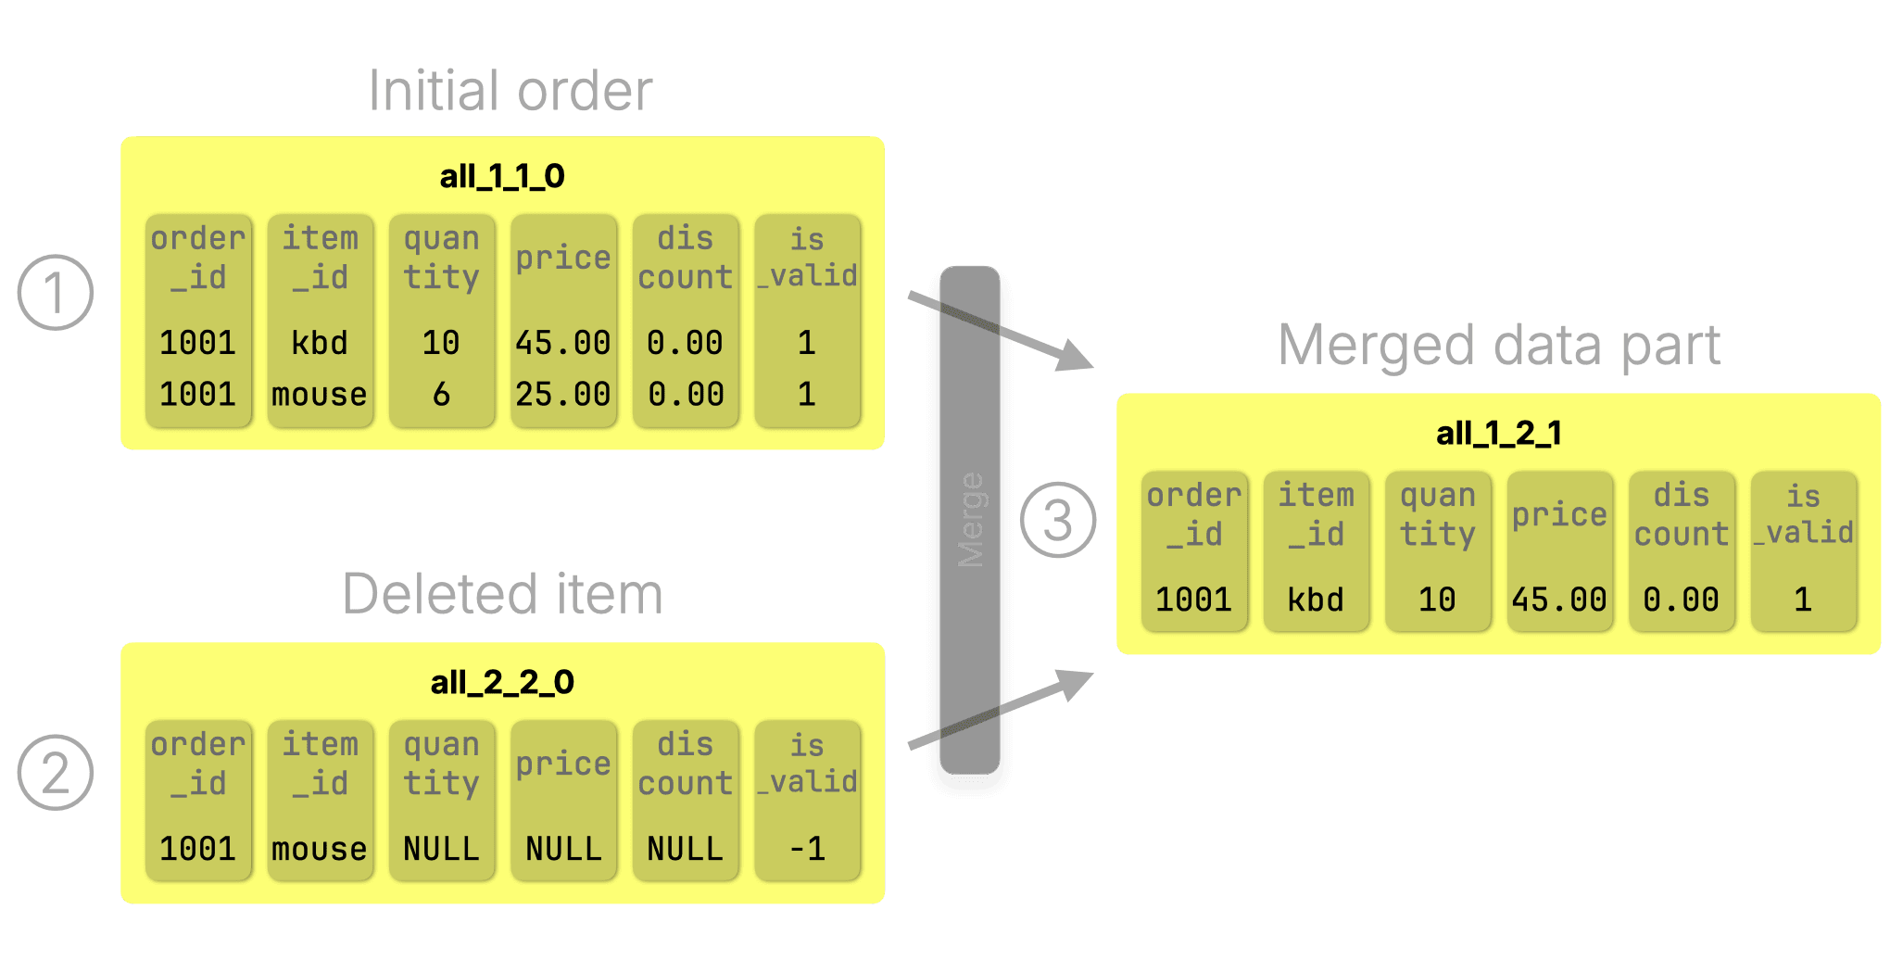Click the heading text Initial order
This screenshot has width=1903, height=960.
click(510, 91)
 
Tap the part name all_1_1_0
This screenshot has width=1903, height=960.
click(502, 176)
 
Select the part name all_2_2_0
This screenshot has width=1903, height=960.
click(502, 683)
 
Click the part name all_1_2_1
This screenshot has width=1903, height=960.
click(1498, 433)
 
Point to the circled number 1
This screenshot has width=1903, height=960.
click(56, 293)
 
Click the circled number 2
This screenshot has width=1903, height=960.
click(56, 773)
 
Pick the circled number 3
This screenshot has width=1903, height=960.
click(1058, 520)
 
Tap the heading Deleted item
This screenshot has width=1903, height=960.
click(502, 594)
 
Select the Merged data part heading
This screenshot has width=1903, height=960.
click(1498, 346)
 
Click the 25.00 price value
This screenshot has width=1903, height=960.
click(562, 395)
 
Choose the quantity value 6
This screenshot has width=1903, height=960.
click(441, 395)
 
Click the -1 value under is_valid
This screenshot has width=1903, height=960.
click(807, 849)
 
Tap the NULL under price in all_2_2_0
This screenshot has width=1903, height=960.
click(562, 849)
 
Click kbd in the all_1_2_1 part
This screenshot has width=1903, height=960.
click(1315, 600)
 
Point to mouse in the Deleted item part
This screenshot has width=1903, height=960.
click(319, 849)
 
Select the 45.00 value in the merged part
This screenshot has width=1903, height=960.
click(1558, 600)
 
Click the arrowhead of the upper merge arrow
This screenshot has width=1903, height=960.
click(1077, 357)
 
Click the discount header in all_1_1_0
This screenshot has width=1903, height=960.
click(685, 258)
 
